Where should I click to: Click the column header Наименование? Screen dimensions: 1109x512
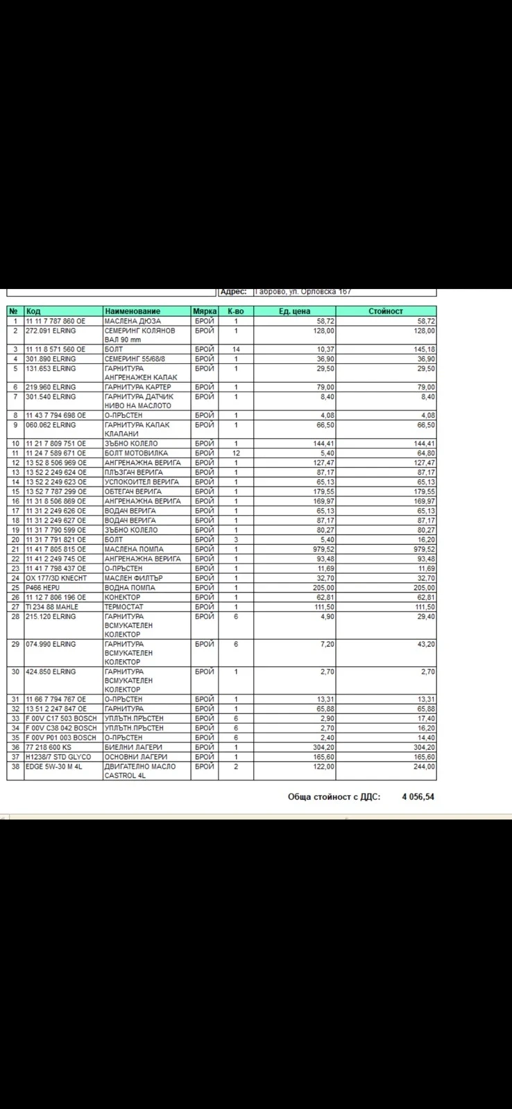pos(132,311)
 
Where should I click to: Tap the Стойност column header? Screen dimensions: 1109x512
pos(386,311)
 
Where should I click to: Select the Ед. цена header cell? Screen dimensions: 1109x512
pos(294,311)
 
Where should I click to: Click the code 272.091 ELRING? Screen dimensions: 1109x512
pos(51,331)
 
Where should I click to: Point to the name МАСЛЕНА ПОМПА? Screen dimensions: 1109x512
pos(134,549)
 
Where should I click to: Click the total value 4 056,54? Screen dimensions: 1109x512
pos(418,797)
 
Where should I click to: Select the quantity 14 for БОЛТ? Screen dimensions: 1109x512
pos(236,349)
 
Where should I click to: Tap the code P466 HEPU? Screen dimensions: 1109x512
pos(42,588)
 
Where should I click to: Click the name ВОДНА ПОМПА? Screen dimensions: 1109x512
pos(130,588)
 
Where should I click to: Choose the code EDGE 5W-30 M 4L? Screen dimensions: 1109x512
pos(53,767)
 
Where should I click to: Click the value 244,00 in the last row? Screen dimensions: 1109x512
pos(424,767)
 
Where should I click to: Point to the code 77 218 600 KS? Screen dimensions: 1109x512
pos(48,747)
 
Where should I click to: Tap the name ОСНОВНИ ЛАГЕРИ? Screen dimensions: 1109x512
pos(135,757)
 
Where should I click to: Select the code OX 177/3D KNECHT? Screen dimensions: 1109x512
pos(56,578)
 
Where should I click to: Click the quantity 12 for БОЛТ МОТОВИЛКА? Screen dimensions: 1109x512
pos(236,453)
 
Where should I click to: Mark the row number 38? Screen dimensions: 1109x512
pos(15,767)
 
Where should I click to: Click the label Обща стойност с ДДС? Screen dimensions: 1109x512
pos(334,797)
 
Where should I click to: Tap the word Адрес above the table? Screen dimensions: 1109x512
pos(233,292)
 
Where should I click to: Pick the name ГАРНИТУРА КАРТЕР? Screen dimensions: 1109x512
pos(137,387)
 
